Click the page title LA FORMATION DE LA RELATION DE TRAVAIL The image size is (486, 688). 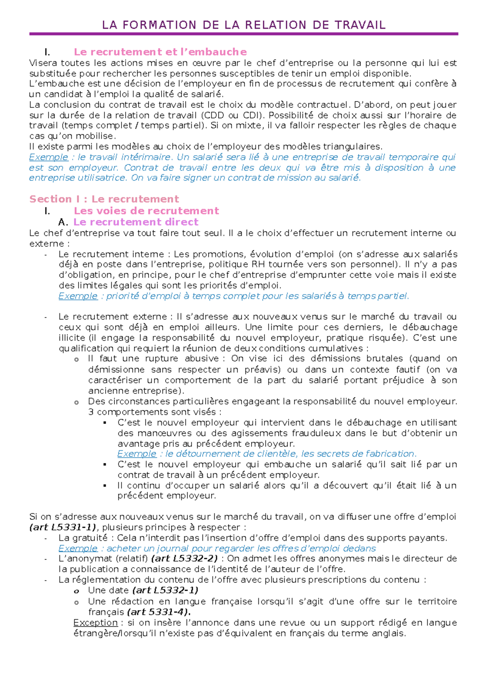pyautogui.click(x=243, y=25)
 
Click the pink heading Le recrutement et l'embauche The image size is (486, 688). pyautogui.click(x=160, y=52)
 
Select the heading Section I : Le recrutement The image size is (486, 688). pyautogui.click(x=104, y=199)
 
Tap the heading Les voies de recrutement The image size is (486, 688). pyautogui.click(x=146, y=211)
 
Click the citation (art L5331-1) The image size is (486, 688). pyautogui.click(x=63, y=527)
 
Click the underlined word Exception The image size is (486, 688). pyautogui.click(x=96, y=622)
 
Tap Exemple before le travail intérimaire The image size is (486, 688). pyautogui.click(x=49, y=157)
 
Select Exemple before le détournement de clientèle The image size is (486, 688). pyautogui.click(x=137, y=453)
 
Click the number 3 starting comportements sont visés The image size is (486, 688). pyautogui.click(x=91, y=412)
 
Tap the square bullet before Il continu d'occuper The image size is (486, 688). pyautogui.click(x=105, y=485)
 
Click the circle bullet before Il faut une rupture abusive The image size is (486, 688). pyautogui.click(x=76, y=359)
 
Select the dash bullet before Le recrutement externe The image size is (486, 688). pyautogui.click(x=46, y=317)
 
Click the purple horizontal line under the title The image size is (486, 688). pyautogui.click(x=243, y=34)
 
